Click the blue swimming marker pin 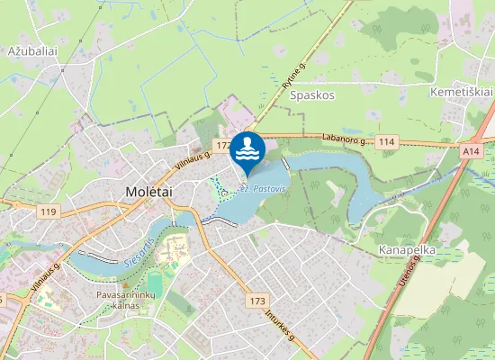[247, 151]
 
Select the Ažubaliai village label [32, 51]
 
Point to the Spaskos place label [312, 94]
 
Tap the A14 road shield [472, 152]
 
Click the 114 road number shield [388, 141]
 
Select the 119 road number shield [49, 212]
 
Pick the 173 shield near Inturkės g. [258, 301]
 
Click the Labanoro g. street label [346, 139]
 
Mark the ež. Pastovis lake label [263, 190]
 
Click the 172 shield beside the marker [222, 146]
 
